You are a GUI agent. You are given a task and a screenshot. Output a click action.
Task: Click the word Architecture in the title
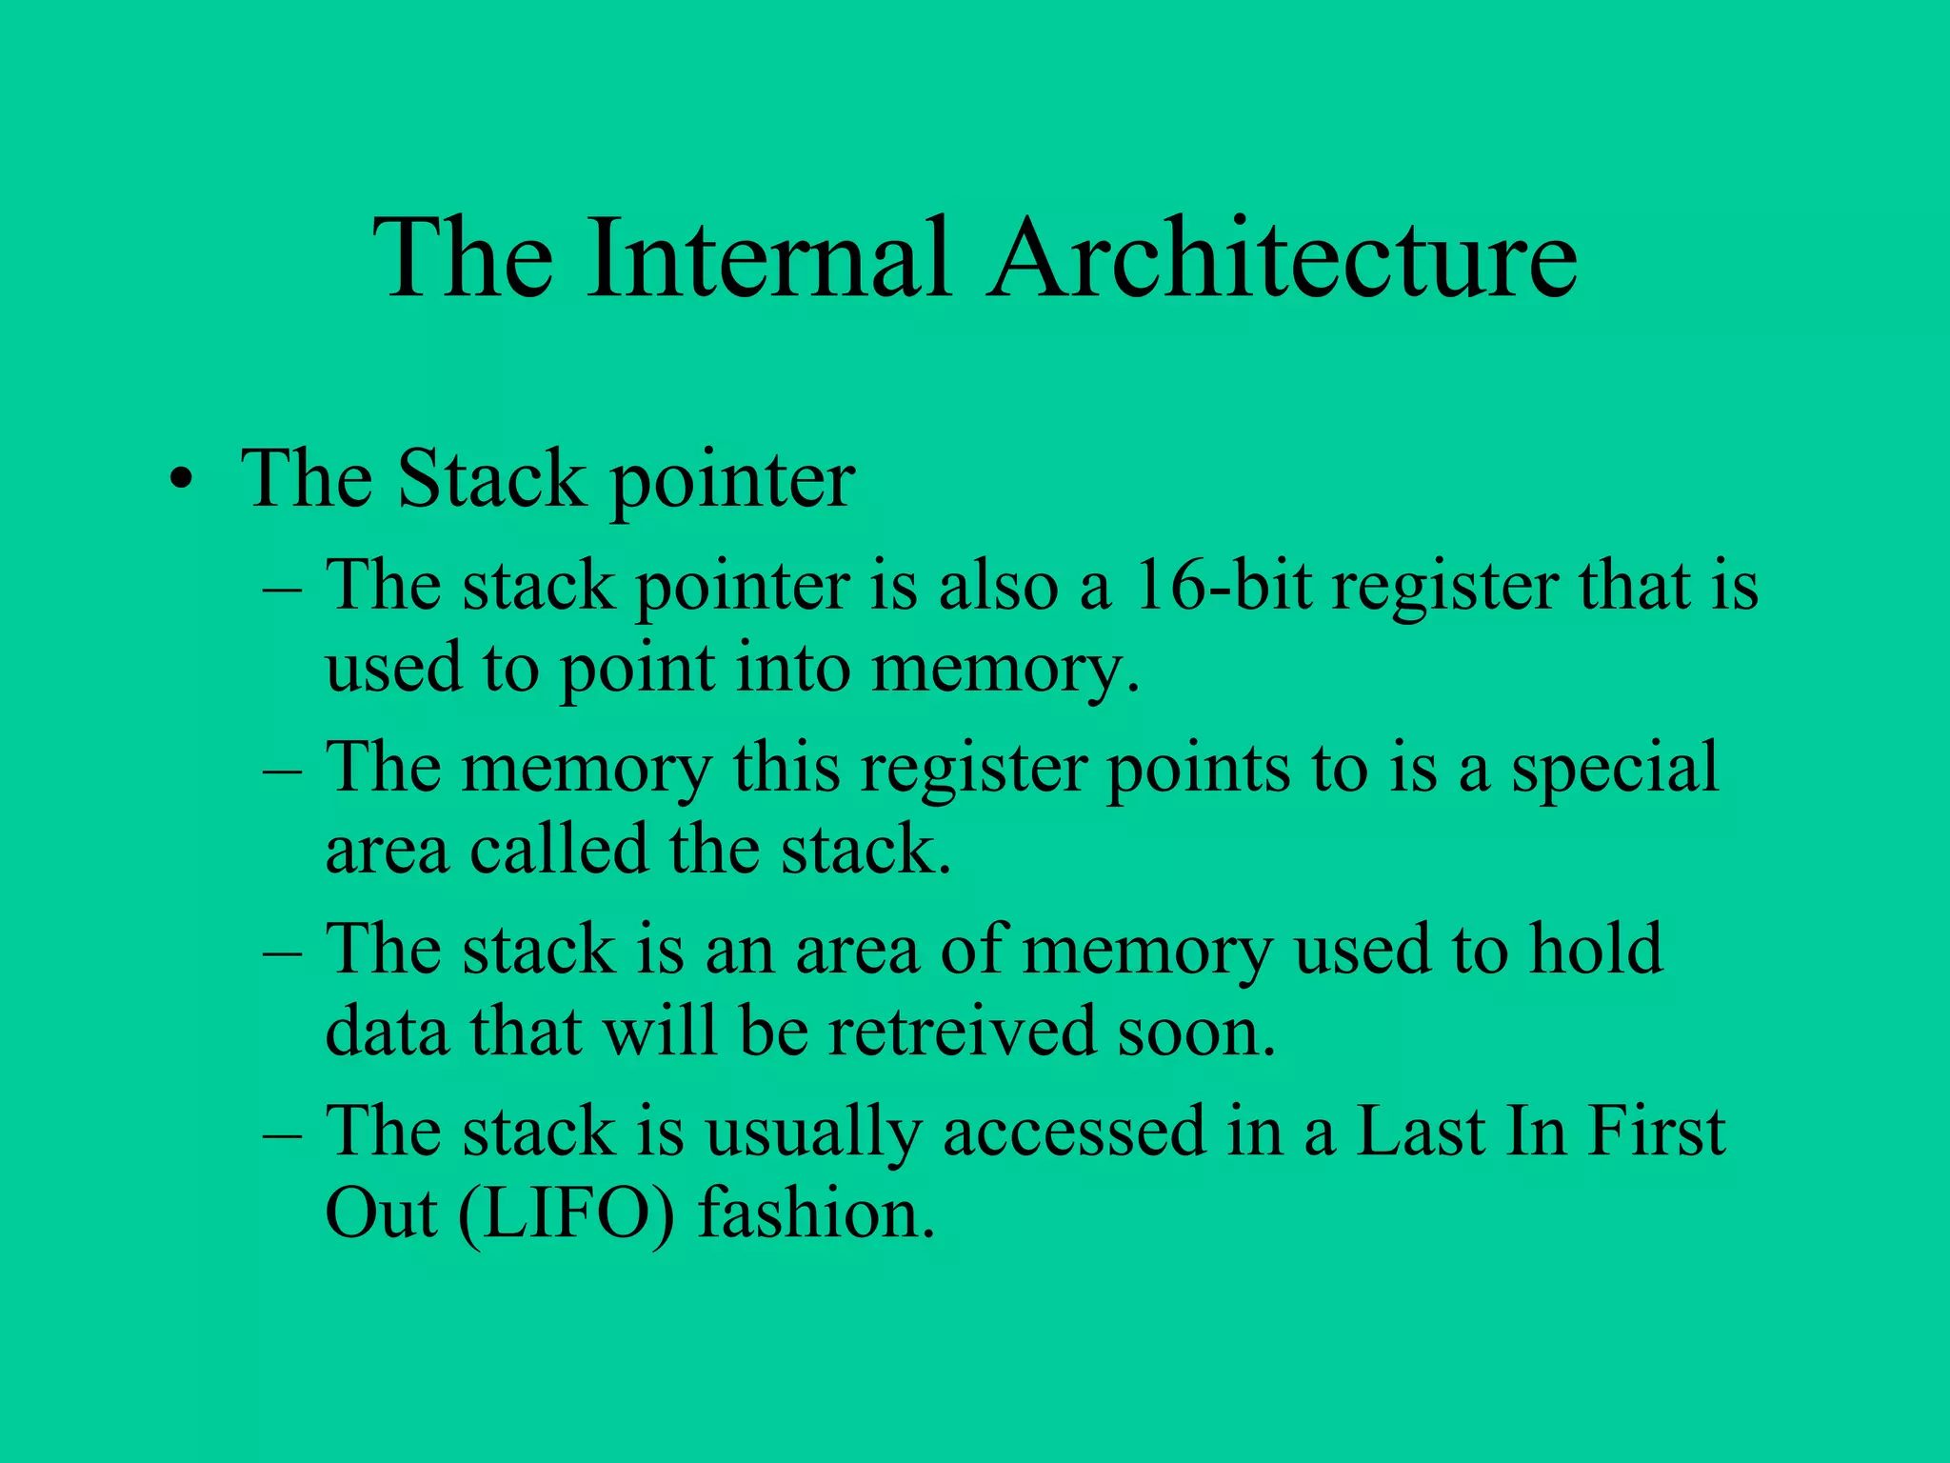tap(1281, 259)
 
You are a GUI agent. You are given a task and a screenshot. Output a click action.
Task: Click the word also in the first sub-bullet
tap(998, 585)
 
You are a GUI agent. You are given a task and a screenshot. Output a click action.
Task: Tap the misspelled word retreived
tap(962, 1032)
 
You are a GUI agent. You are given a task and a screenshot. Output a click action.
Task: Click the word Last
tap(1419, 1131)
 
